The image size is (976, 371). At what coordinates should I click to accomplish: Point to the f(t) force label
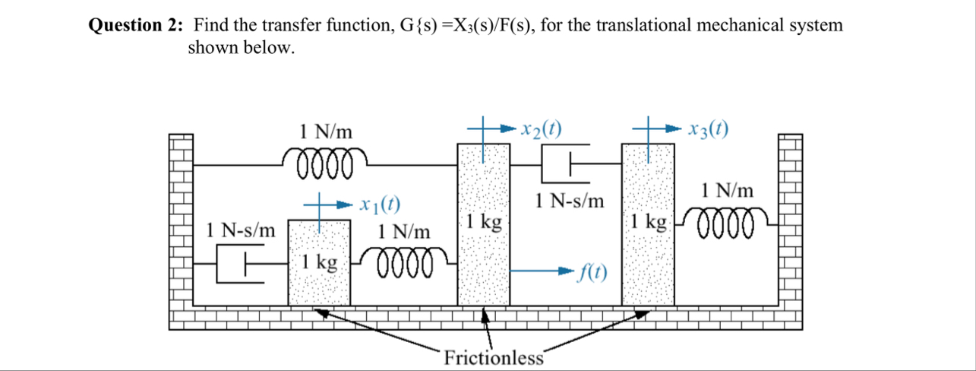(592, 272)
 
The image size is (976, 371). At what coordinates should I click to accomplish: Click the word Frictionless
(494, 357)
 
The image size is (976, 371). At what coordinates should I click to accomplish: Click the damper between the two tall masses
(566, 161)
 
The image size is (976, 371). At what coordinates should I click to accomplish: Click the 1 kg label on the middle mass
(484, 223)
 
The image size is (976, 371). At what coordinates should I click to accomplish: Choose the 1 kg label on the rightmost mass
(648, 223)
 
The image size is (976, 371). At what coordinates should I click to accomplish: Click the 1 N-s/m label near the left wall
(242, 230)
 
